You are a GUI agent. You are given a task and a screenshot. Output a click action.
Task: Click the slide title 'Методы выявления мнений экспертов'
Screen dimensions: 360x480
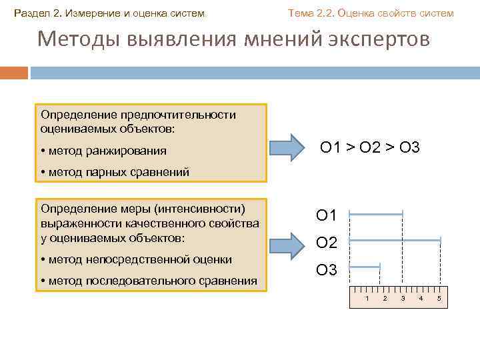pyautogui.click(x=234, y=39)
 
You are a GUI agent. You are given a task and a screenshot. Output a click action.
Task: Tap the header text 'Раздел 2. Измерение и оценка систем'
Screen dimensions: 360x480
pyautogui.click(x=111, y=13)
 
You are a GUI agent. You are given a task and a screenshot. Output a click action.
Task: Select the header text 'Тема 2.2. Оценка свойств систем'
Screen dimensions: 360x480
pyautogui.click(x=370, y=13)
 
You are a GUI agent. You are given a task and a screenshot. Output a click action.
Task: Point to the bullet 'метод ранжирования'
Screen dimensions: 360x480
pyautogui.click(x=107, y=151)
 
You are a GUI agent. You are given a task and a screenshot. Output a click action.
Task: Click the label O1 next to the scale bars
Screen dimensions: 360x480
pyautogui.click(x=327, y=215)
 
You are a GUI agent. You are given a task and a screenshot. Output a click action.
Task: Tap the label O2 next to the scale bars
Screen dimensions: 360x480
pyautogui.click(x=327, y=243)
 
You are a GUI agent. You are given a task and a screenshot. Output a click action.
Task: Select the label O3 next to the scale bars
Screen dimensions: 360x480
pyautogui.click(x=327, y=270)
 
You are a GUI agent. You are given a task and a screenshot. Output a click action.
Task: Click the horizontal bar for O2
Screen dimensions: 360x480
pyautogui.click(x=395, y=239)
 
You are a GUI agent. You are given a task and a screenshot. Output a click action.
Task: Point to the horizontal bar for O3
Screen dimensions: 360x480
pyautogui.click(x=365, y=267)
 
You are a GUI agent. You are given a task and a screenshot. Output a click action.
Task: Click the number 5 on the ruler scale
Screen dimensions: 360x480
pyautogui.click(x=439, y=297)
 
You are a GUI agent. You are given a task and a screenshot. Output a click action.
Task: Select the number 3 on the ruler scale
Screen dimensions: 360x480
pyautogui.click(x=403, y=297)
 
